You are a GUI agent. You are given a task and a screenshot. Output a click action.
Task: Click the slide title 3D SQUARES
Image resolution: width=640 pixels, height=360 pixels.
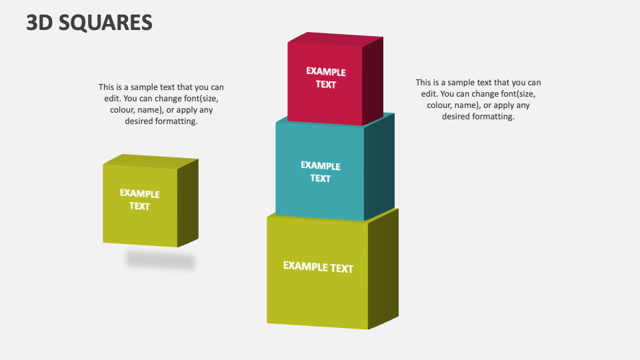(x=89, y=22)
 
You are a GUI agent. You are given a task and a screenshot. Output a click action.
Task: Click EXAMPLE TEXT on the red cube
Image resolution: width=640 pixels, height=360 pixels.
(x=326, y=78)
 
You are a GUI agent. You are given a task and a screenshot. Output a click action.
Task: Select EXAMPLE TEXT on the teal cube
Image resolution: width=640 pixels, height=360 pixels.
(x=320, y=172)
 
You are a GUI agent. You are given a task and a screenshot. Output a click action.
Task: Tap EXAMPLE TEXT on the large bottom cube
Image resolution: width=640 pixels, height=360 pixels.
(x=318, y=267)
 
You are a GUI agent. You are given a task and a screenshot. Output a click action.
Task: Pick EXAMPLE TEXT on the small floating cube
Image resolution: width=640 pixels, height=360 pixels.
(x=140, y=199)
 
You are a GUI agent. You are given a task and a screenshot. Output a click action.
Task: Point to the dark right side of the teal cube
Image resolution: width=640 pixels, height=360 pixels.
(x=379, y=167)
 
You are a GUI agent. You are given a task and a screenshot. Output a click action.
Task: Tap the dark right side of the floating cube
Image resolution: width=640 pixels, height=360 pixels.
(x=188, y=202)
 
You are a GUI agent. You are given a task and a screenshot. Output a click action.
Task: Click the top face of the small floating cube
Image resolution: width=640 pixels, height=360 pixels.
(x=151, y=161)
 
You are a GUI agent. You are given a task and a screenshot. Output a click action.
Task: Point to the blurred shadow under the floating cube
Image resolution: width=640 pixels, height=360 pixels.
(x=161, y=261)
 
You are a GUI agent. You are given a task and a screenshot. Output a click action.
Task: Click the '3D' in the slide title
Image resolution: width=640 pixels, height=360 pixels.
(x=39, y=22)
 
